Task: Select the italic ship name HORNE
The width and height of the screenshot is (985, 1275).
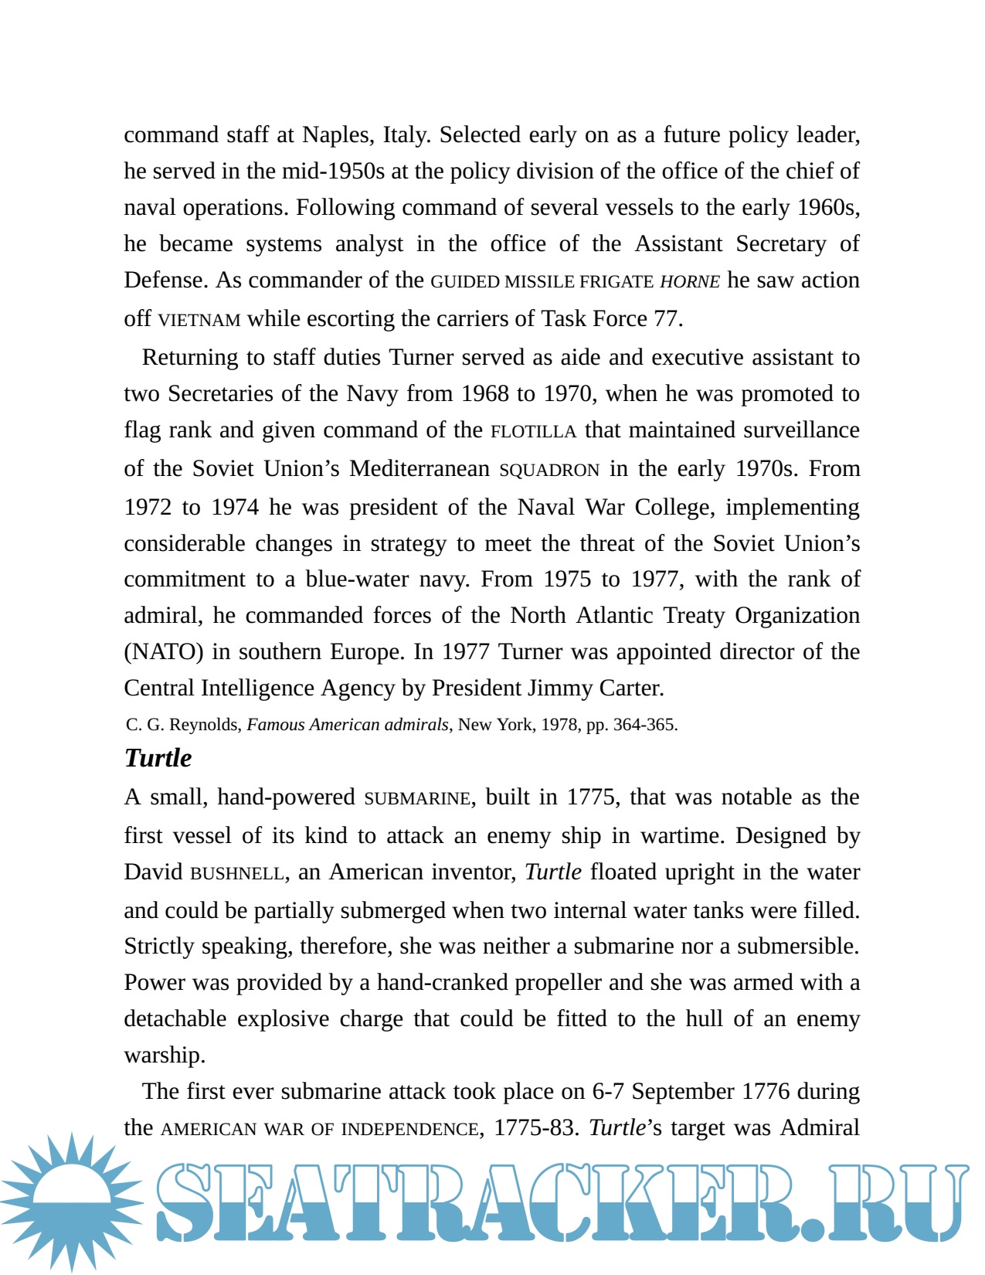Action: (x=690, y=282)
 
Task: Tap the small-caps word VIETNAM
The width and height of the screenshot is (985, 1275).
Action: (x=199, y=320)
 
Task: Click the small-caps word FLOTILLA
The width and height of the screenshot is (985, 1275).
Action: (x=533, y=431)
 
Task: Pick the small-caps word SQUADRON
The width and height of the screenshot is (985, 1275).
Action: (x=549, y=470)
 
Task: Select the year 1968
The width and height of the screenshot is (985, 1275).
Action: (x=485, y=394)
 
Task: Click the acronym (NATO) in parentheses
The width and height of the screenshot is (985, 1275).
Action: (x=164, y=652)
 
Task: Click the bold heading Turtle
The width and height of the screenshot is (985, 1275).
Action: (x=158, y=758)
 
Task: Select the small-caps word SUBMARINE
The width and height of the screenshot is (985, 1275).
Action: (x=417, y=798)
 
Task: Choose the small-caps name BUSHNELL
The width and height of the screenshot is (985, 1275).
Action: (x=237, y=873)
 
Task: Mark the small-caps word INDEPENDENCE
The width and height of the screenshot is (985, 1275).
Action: (x=409, y=1130)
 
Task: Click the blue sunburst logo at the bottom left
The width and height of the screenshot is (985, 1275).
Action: (x=71, y=1202)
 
